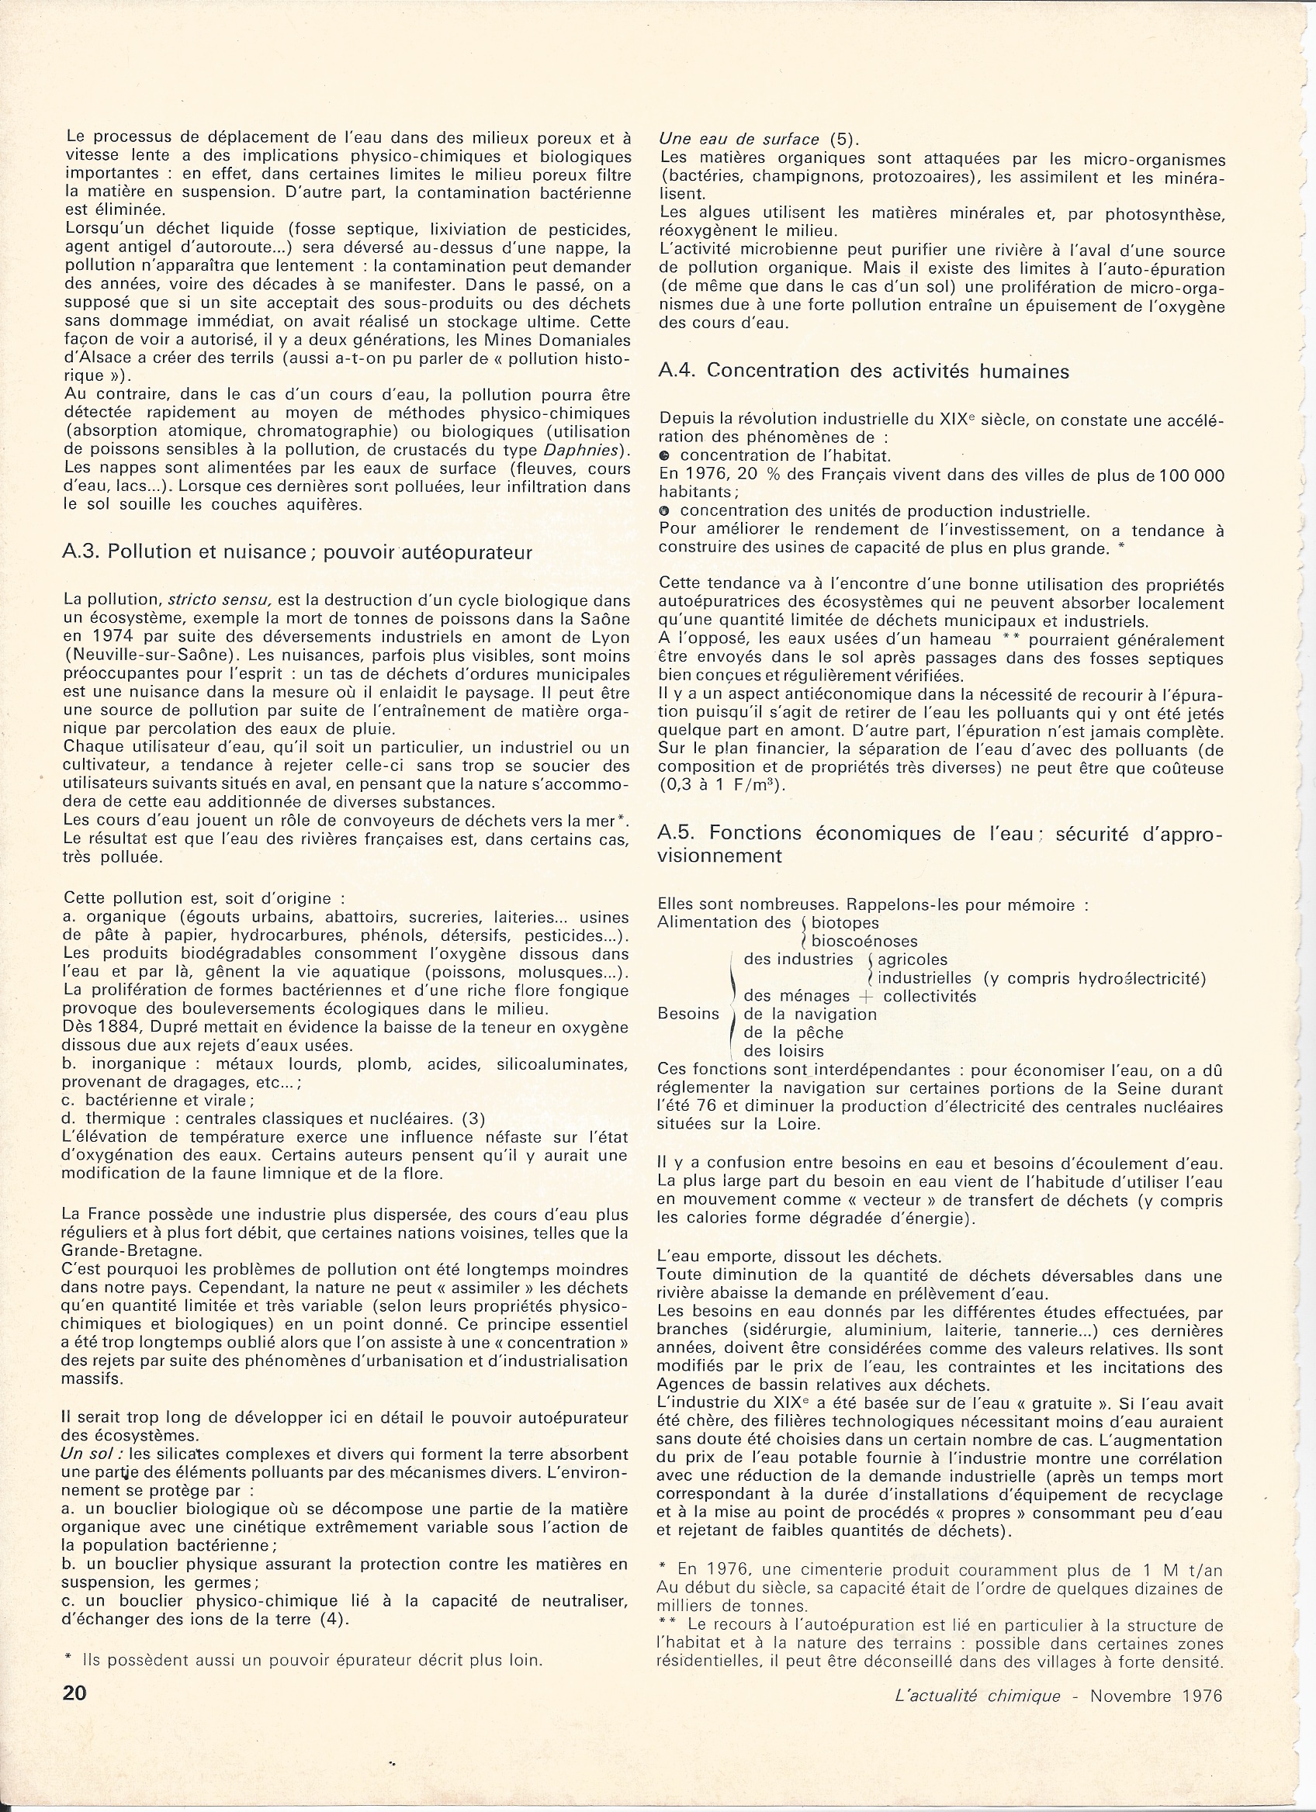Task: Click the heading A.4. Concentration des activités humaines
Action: [x=863, y=371]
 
